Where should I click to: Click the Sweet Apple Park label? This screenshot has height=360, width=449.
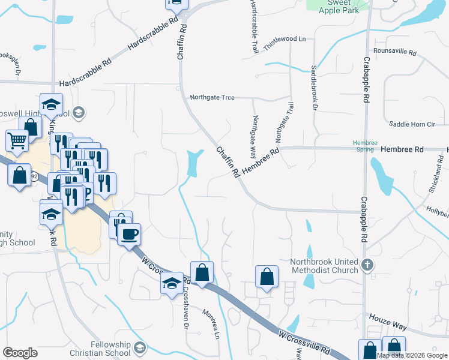click(x=339, y=6)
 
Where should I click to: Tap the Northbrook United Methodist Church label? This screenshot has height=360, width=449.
click(x=324, y=266)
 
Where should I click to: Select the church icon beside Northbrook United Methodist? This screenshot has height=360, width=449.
click(x=369, y=265)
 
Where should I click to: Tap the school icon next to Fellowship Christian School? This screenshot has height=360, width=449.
click(x=140, y=347)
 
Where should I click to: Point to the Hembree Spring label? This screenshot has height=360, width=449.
click(x=365, y=146)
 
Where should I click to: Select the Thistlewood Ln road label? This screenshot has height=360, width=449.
click(x=285, y=39)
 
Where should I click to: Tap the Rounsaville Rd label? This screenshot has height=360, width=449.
click(x=394, y=52)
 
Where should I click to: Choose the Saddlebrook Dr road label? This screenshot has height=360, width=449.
click(x=314, y=88)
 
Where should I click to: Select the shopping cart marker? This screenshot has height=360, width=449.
click(x=17, y=140)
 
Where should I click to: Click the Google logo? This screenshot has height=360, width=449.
click(x=20, y=353)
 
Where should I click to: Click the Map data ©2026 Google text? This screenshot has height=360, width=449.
click(x=412, y=355)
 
